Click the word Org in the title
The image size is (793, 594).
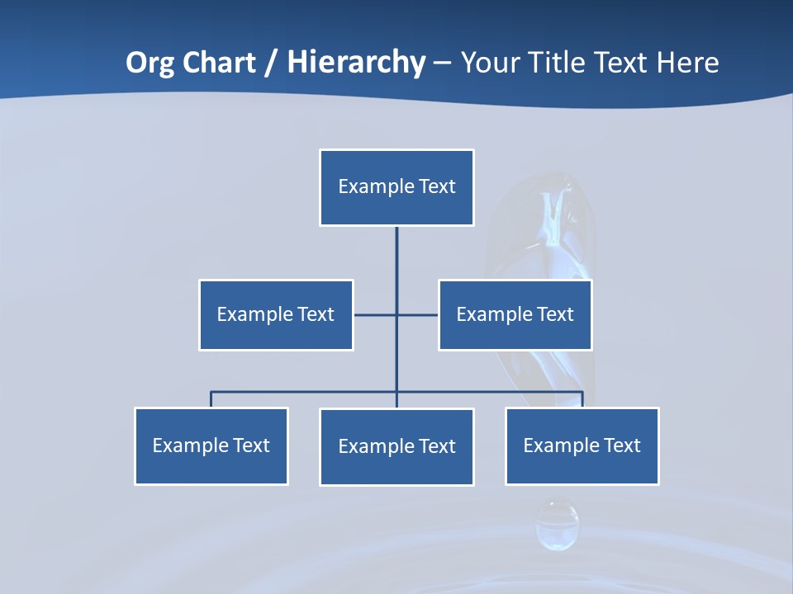coord(150,63)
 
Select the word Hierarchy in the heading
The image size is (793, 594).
coord(356,63)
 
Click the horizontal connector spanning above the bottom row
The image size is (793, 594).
coord(306,392)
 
